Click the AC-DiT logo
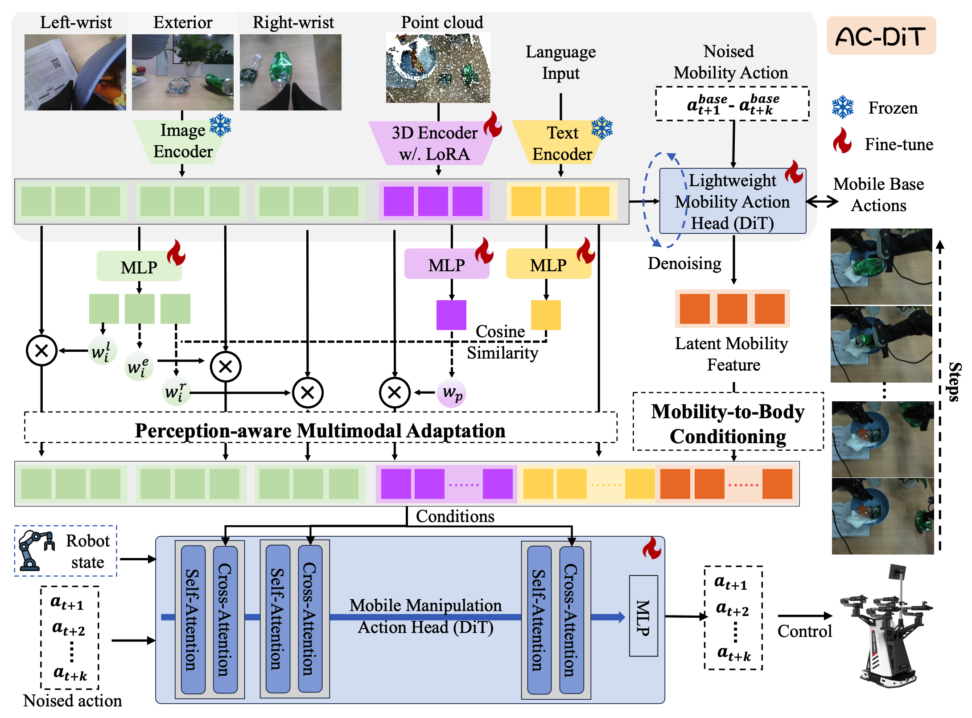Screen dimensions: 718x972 [x=881, y=36]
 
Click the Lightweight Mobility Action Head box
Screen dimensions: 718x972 [x=732, y=201]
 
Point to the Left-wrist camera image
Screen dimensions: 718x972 [x=75, y=72]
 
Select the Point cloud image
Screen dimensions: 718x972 [x=438, y=68]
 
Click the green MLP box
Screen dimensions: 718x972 [x=139, y=267]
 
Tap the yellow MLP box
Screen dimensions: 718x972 [x=548, y=265]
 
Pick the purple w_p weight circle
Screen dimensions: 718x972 [x=452, y=393]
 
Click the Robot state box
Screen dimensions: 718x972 [x=66, y=551]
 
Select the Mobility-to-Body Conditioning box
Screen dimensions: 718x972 [x=728, y=423]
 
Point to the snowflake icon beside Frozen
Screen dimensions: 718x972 [x=842, y=107]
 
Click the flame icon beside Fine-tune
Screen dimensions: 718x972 [x=842, y=141]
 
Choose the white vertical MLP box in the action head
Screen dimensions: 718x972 [x=643, y=616]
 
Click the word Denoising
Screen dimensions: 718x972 [x=684, y=264]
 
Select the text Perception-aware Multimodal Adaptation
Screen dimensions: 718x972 [x=320, y=431]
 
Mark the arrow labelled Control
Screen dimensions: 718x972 [x=804, y=616]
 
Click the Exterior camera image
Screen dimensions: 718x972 [x=182, y=72]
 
